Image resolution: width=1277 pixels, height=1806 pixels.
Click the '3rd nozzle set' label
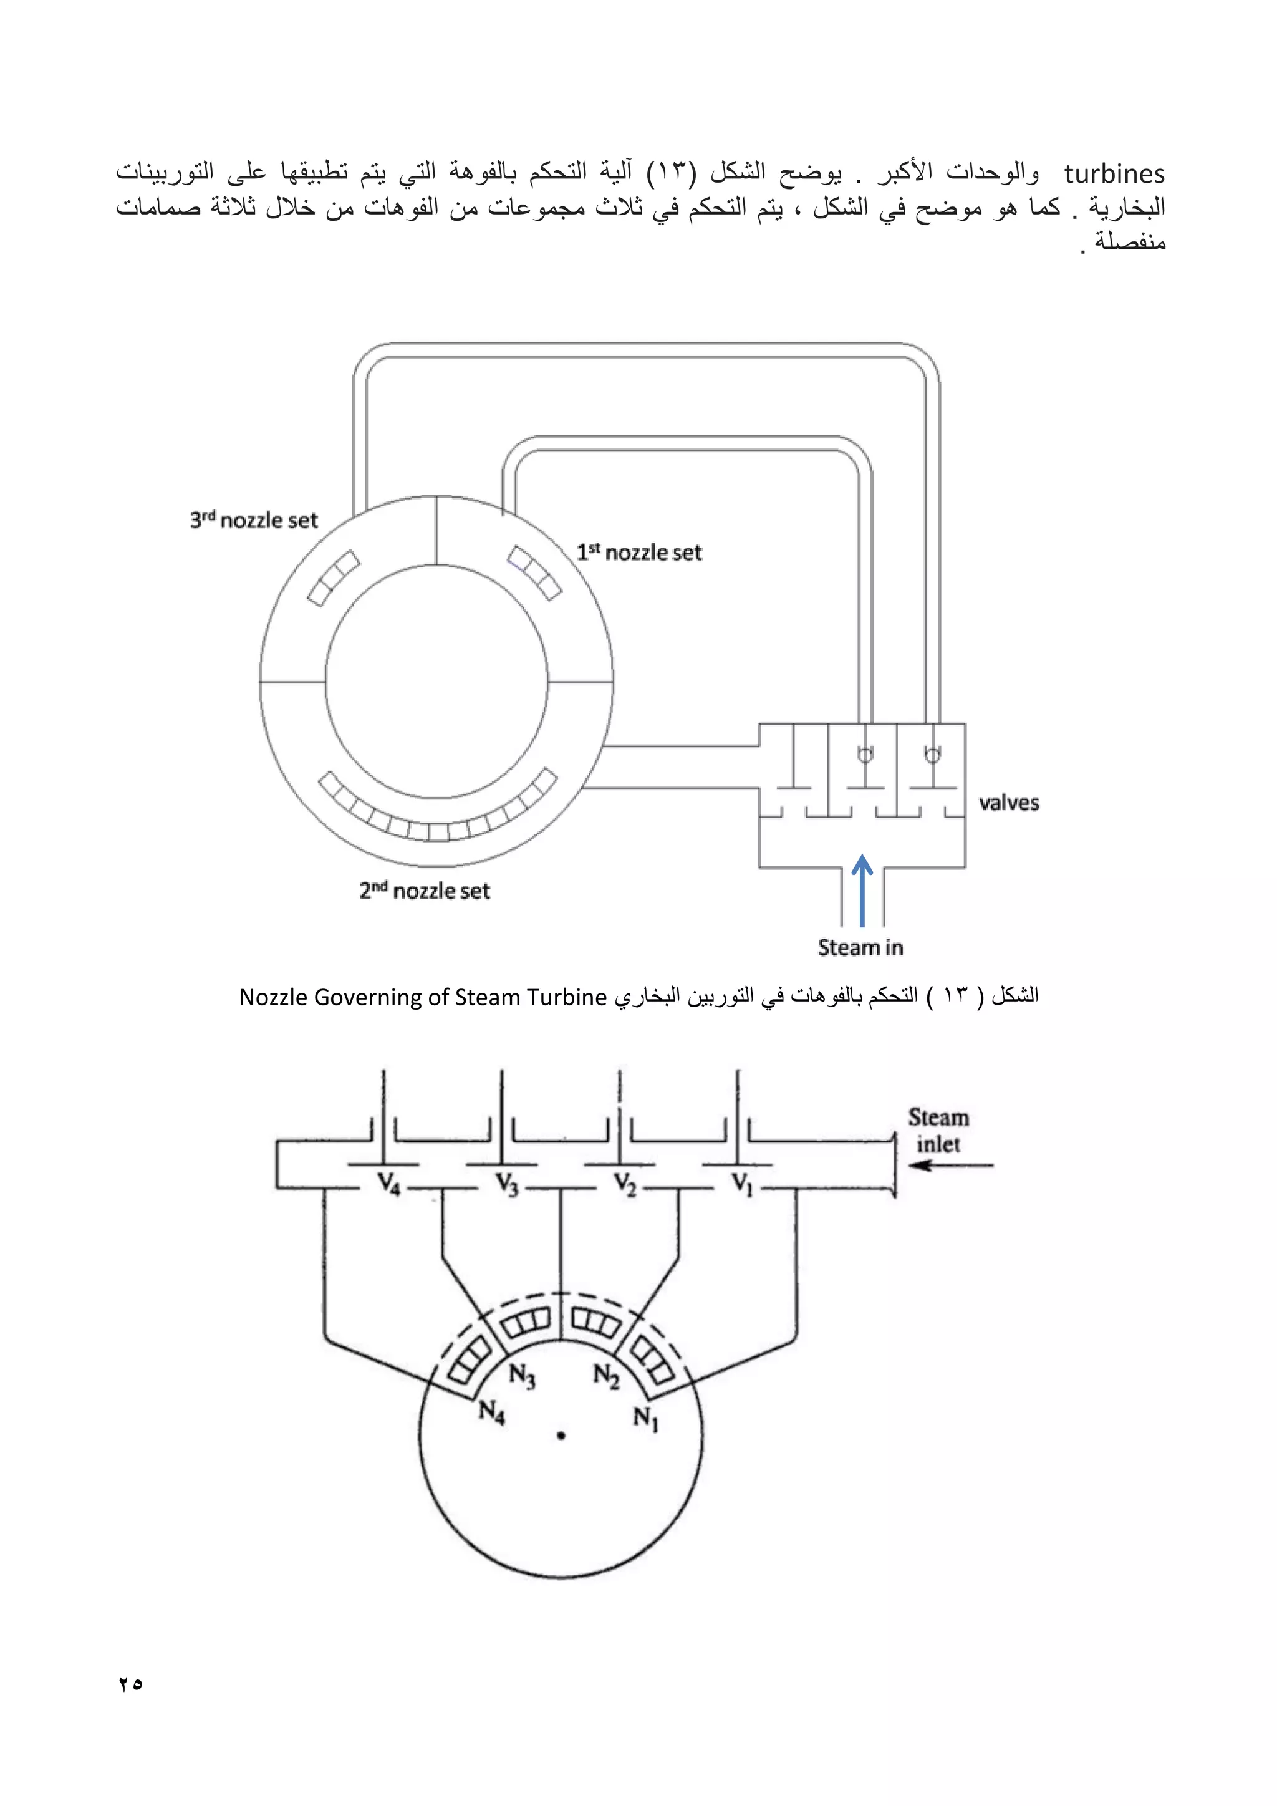(x=253, y=520)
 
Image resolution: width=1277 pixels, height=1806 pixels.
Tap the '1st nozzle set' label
(x=638, y=552)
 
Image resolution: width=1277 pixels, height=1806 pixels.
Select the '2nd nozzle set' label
(x=425, y=891)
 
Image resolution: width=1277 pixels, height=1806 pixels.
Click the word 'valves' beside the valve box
(x=1009, y=803)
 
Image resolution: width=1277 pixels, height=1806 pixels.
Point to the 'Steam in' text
(x=860, y=947)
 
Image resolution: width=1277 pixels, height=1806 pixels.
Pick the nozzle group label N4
(x=492, y=1412)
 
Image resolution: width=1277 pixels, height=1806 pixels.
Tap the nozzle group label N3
(x=522, y=1376)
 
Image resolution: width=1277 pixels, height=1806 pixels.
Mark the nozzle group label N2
(x=606, y=1376)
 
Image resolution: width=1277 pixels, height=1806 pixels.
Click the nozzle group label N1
(x=645, y=1418)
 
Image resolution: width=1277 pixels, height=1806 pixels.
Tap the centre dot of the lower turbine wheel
(x=561, y=1436)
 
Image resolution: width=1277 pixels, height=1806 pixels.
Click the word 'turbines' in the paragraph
(x=1114, y=174)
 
